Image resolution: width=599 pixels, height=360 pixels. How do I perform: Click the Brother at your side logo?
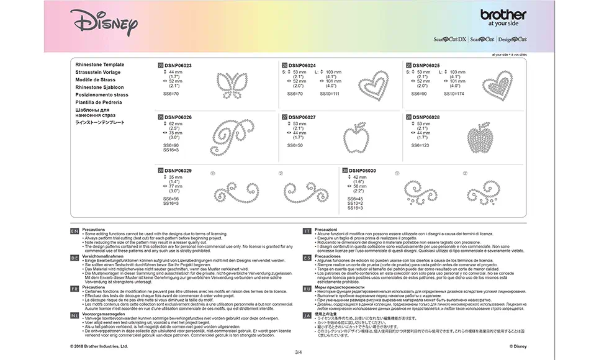[503, 18]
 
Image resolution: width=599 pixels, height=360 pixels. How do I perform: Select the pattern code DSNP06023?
[178, 65]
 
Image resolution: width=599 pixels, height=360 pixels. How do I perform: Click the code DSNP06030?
[364, 170]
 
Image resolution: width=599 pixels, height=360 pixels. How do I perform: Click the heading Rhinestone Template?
[100, 65]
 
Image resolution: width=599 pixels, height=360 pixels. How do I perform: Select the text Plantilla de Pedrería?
[99, 102]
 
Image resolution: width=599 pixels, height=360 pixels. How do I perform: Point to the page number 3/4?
[299, 353]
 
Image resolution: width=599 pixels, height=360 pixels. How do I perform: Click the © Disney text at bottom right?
[518, 346]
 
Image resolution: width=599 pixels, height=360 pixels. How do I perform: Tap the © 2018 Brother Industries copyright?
[99, 346]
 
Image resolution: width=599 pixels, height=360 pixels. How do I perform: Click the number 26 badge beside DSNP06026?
[160, 117]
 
